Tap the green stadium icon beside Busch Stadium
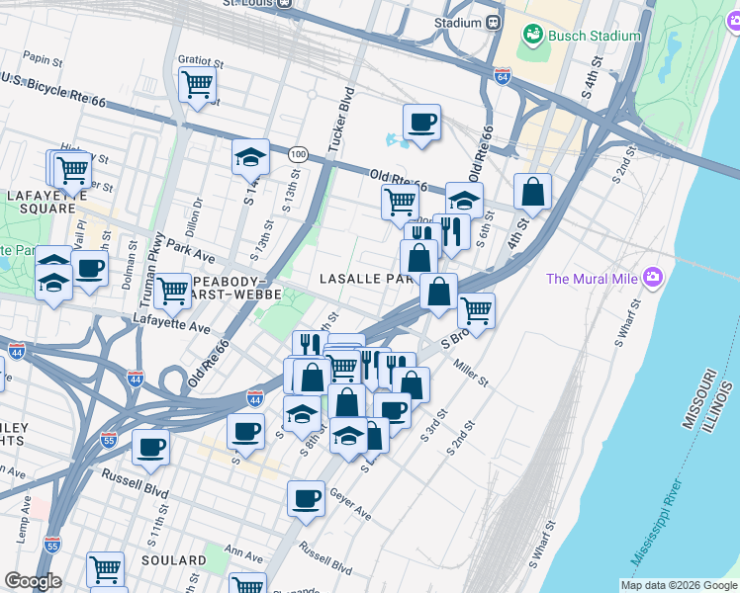coord(534,35)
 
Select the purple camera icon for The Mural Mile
coord(652,278)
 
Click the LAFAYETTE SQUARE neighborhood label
coord(42,202)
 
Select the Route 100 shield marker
coord(298,153)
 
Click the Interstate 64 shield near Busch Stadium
coord(503,76)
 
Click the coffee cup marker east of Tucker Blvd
coord(421,123)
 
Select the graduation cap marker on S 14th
coord(250,156)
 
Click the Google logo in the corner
coord(33,581)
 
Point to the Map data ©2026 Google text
coord(678,585)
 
